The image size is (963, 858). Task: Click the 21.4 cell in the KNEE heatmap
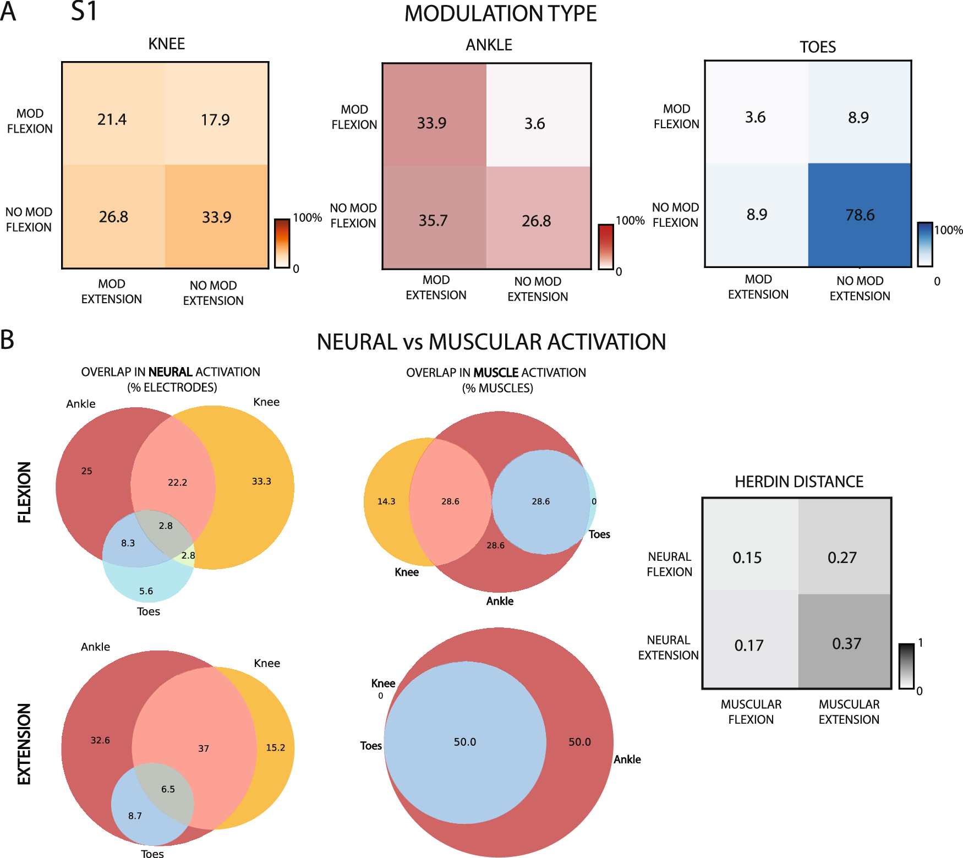112,119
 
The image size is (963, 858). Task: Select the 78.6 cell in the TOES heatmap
860,215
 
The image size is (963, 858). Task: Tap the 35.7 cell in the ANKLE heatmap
433,221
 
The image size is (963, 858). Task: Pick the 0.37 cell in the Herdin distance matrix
846,643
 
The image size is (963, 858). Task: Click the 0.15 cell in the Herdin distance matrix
747,558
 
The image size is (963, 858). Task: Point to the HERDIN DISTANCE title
798,482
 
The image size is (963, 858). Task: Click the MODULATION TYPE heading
500,14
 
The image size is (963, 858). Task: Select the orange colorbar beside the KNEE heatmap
282,243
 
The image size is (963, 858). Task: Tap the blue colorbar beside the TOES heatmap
924,244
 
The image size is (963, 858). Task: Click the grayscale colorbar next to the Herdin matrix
906,666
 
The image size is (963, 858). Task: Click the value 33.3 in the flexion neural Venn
261,481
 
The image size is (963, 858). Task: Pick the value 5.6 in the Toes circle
146,591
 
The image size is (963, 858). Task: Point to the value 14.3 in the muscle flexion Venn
386,501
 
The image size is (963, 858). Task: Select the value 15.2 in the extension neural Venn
275,747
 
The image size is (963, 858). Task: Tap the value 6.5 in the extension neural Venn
168,789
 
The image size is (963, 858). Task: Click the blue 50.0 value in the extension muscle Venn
465,742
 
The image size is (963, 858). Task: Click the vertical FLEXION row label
24,491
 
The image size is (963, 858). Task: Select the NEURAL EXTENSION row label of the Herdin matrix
668,647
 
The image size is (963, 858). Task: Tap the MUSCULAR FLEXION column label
751,712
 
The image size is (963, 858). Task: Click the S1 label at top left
84,12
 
